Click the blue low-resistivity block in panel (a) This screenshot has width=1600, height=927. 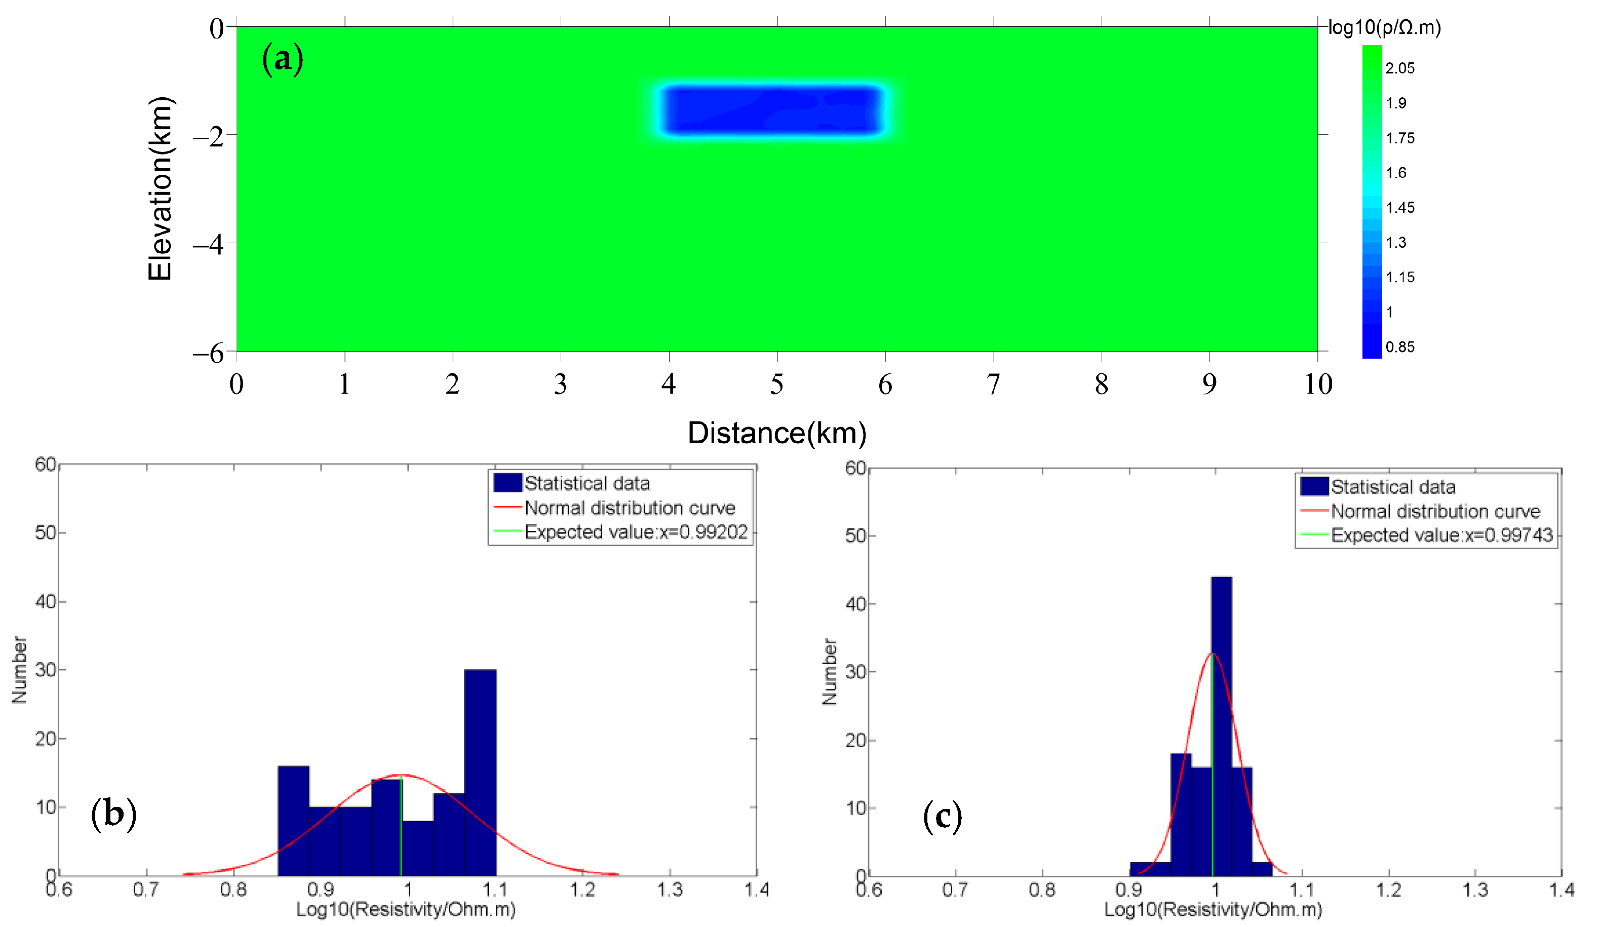(771, 110)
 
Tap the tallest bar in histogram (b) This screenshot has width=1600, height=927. (480, 772)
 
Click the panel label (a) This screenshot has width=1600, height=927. (283, 59)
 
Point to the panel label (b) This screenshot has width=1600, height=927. (113, 814)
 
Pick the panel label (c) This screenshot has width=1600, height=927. (942, 817)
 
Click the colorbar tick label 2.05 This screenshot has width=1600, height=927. (1399, 68)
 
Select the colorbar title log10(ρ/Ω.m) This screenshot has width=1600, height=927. (1385, 28)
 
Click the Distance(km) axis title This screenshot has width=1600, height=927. (776, 433)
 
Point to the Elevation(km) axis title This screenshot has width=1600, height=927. (160, 188)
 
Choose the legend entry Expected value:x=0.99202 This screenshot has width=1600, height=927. (636, 532)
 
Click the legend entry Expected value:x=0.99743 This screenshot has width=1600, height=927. (1441, 535)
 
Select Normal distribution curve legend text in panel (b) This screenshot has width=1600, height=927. (629, 508)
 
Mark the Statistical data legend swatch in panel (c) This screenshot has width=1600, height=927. (1314, 487)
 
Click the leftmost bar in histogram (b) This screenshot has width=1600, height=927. (293, 820)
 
